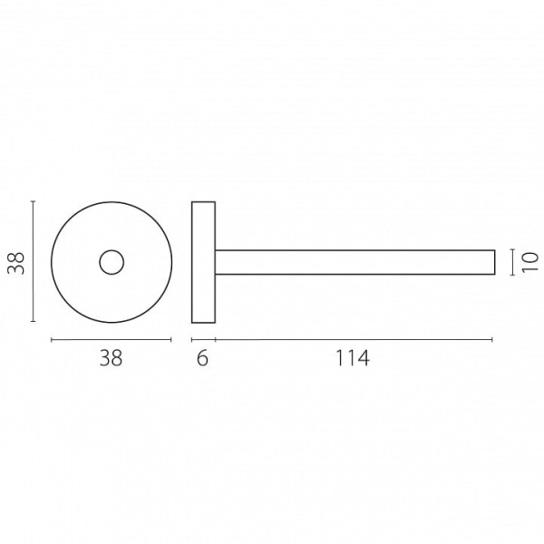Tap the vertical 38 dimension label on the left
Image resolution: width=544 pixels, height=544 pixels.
point(16,263)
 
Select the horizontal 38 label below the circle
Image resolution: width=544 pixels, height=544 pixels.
point(111,358)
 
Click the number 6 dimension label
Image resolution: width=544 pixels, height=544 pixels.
point(202,358)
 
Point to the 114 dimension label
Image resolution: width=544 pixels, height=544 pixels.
point(353,358)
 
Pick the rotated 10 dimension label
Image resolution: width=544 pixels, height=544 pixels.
point(530,263)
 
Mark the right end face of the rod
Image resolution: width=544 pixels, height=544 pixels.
point(495,262)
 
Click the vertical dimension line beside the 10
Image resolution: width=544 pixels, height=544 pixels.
point(513,262)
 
